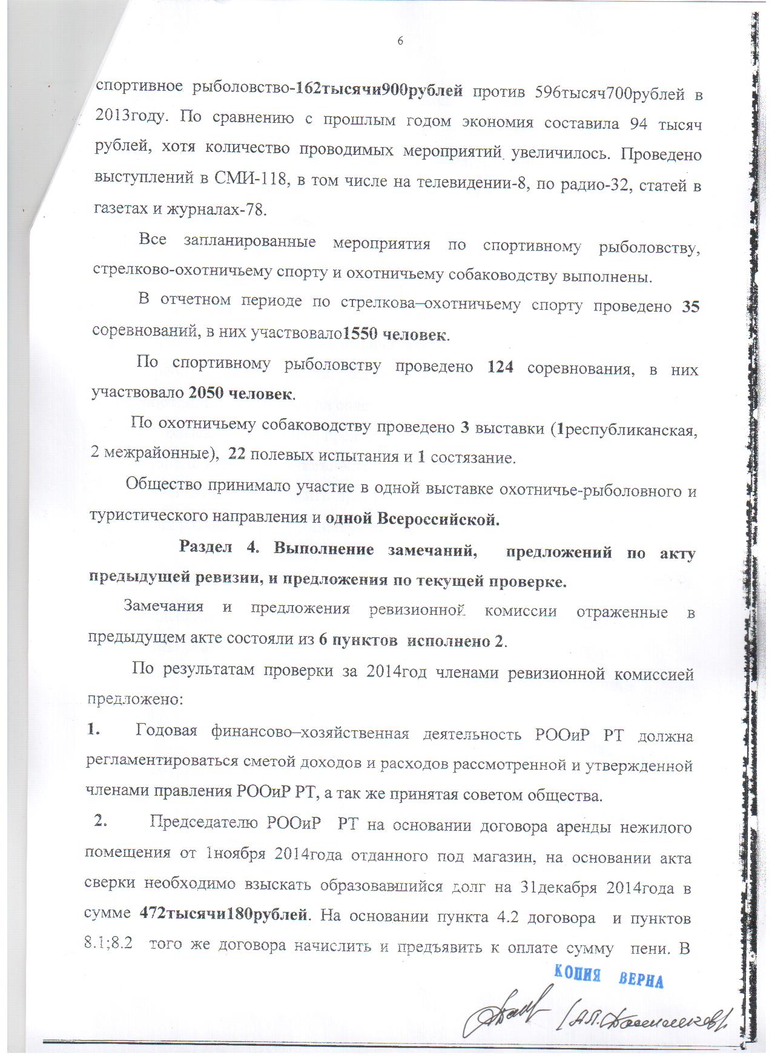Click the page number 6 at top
point(400,41)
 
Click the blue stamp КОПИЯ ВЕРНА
point(609,975)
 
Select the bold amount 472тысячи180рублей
point(223,915)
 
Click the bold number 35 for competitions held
point(690,307)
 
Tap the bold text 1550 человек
point(395,333)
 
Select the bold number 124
point(500,367)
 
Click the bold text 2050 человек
point(241,394)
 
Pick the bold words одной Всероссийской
point(412,519)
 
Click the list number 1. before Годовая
point(93,730)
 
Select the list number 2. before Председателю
point(101,822)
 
